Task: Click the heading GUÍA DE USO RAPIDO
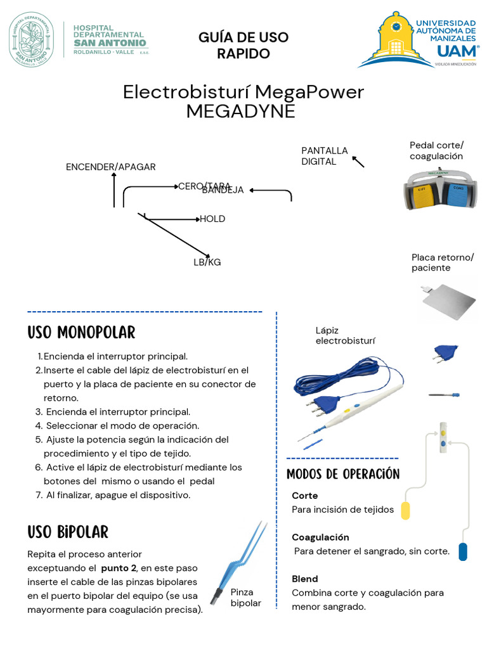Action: tap(243, 45)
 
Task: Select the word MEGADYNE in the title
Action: tap(241, 111)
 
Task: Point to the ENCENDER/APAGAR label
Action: tap(111, 167)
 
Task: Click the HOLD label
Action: tap(212, 219)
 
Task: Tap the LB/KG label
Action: tap(207, 262)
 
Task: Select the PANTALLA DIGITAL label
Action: tap(325, 156)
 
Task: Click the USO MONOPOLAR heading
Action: tap(81, 333)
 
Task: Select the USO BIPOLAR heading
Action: tap(68, 532)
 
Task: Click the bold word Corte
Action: tap(305, 496)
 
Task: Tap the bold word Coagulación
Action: tap(321, 537)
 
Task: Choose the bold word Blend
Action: tap(305, 579)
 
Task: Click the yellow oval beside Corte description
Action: tap(405, 510)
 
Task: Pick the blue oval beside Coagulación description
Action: tap(463, 551)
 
